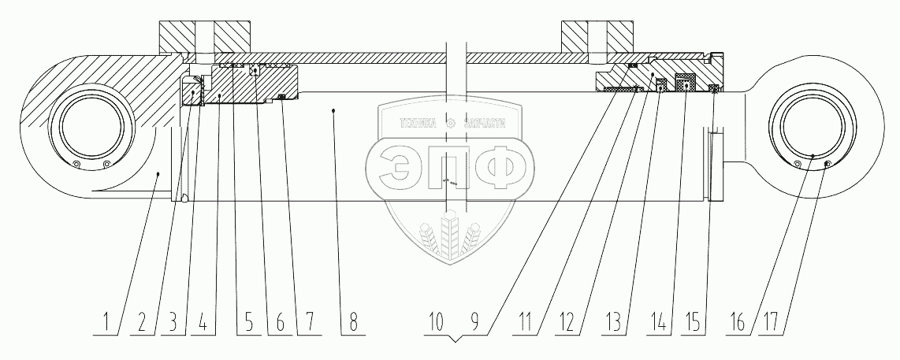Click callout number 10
(x=436, y=323)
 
